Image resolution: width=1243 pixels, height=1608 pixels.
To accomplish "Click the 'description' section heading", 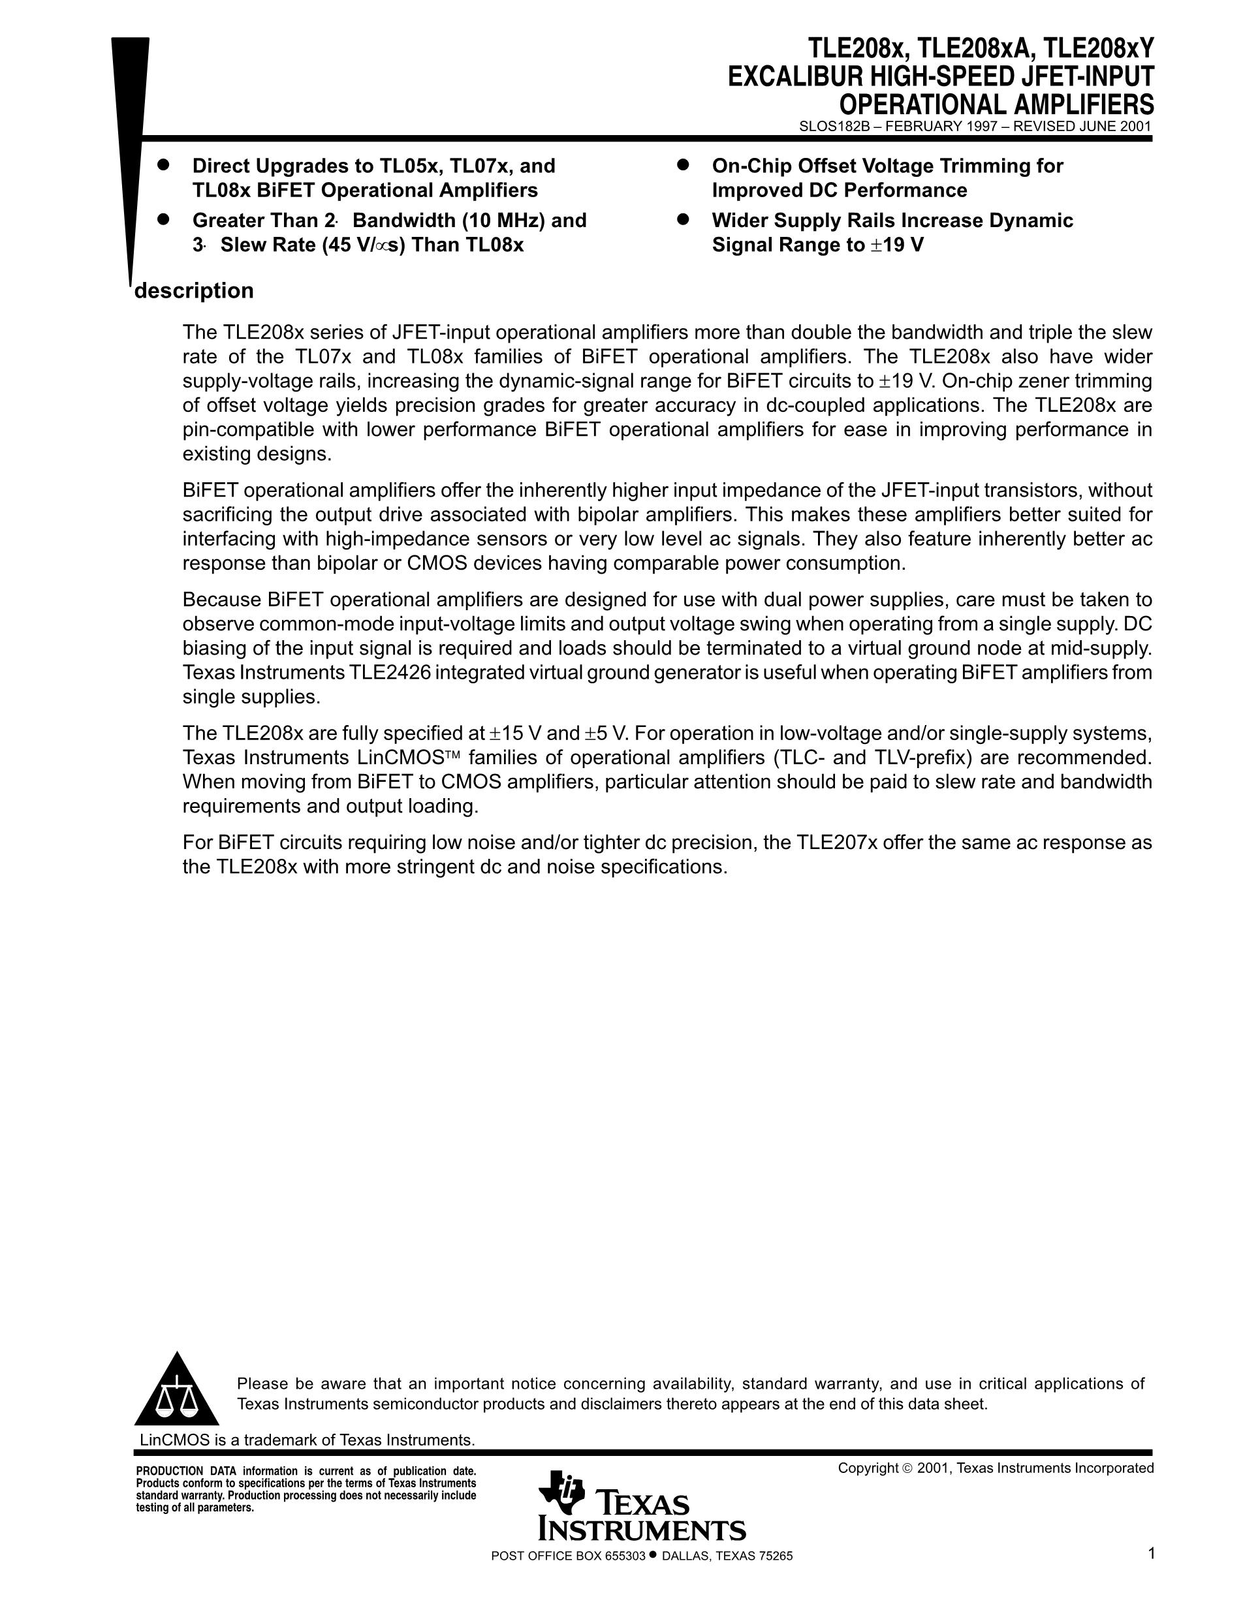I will (194, 291).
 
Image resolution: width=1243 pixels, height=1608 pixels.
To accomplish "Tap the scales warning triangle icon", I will (177, 1391).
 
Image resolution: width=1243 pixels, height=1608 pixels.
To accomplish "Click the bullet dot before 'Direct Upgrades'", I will (163, 164).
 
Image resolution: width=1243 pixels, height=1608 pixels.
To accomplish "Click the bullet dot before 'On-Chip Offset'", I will (683, 164).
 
